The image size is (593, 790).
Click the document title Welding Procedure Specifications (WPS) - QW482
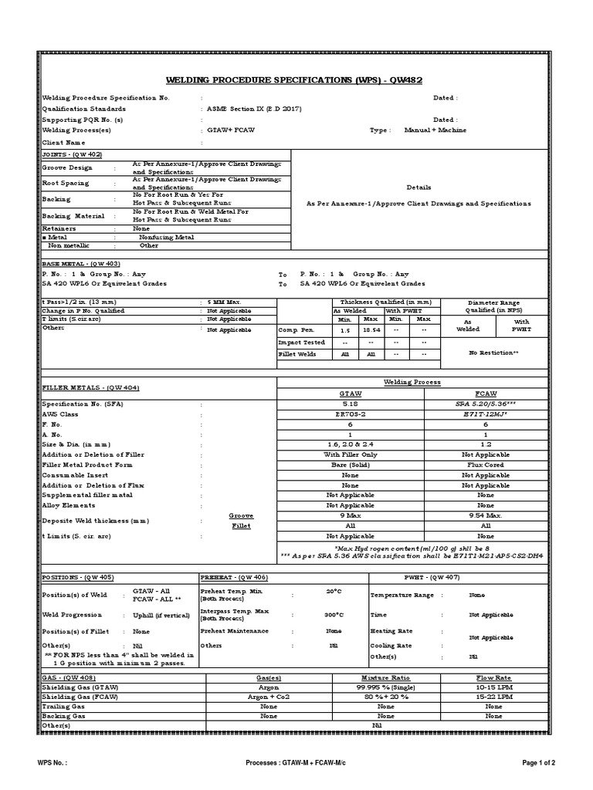coord(294,80)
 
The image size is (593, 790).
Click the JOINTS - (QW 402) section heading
coord(71,154)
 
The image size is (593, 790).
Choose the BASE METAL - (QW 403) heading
coord(78,263)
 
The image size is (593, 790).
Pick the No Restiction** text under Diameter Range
coord(493,352)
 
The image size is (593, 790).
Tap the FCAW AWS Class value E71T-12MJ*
coord(485,414)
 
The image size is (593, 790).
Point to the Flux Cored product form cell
coord(485,465)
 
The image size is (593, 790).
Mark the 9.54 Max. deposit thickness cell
coord(485,515)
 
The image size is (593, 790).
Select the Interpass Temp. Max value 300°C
coord(334,615)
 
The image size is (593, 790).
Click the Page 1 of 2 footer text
coord(539,763)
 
